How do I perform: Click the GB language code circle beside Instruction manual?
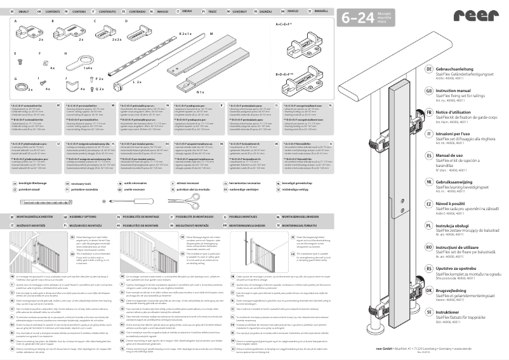coord(429,91)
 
